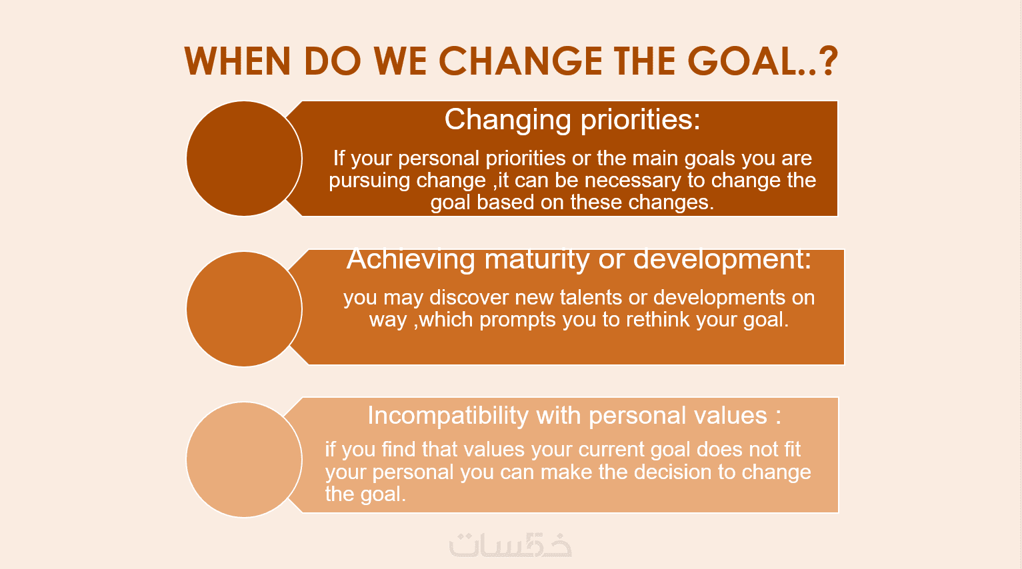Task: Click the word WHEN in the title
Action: pos(237,61)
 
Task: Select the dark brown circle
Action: pos(244,159)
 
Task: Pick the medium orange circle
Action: pos(244,309)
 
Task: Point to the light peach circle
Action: pos(244,460)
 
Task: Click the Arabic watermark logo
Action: pos(511,545)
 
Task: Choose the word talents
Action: pos(591,297)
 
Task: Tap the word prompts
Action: pos(518,320)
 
